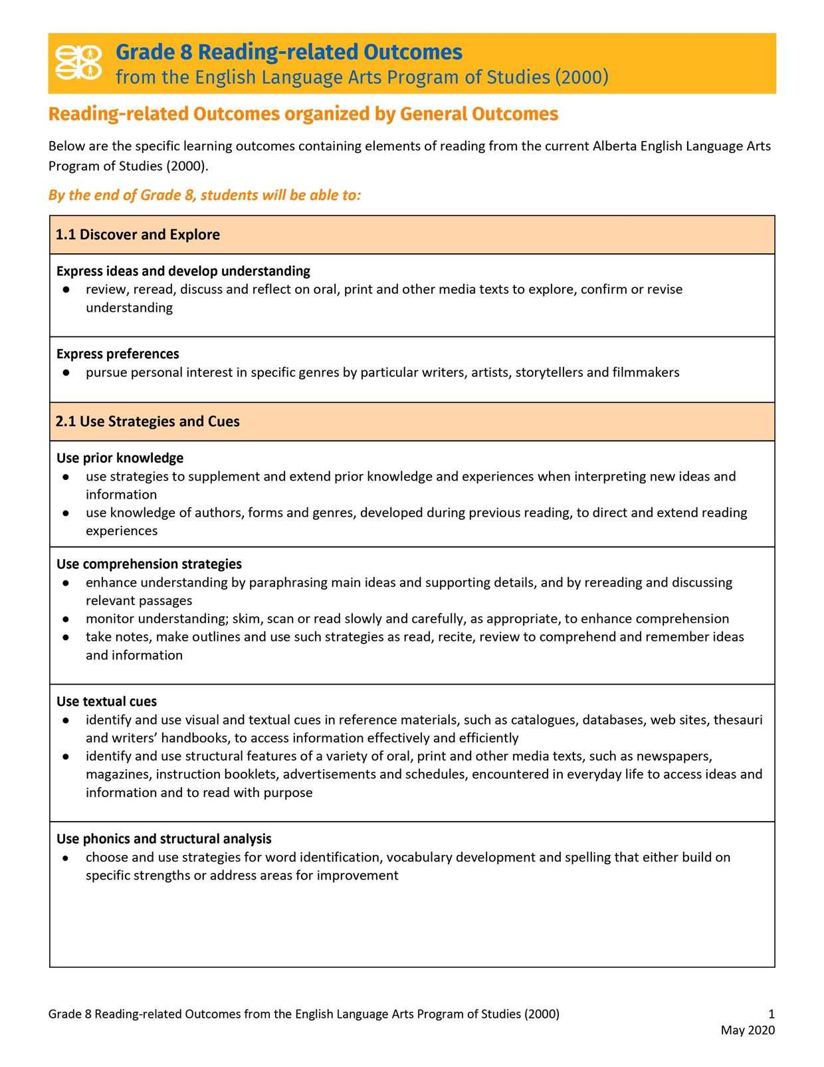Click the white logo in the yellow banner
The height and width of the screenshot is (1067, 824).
78,62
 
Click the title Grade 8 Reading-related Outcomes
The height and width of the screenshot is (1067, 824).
288,52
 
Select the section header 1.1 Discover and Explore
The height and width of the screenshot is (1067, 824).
138,235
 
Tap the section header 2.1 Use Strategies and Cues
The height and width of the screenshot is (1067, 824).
148,421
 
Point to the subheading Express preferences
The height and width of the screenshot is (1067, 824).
118,354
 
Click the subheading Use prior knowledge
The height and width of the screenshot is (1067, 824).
120,458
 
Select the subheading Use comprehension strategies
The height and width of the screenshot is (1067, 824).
149,564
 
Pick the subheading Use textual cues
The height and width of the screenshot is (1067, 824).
106,701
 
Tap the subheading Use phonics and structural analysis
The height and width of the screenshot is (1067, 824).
163,839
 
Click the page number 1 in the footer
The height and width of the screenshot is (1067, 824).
771,1014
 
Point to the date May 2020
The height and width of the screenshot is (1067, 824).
748,1030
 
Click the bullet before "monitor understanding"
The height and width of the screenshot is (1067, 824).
66,619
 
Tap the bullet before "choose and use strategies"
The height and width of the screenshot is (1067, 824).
66,858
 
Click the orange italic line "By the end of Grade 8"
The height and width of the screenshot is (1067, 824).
205,195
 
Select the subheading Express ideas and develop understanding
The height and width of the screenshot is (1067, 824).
183,271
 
